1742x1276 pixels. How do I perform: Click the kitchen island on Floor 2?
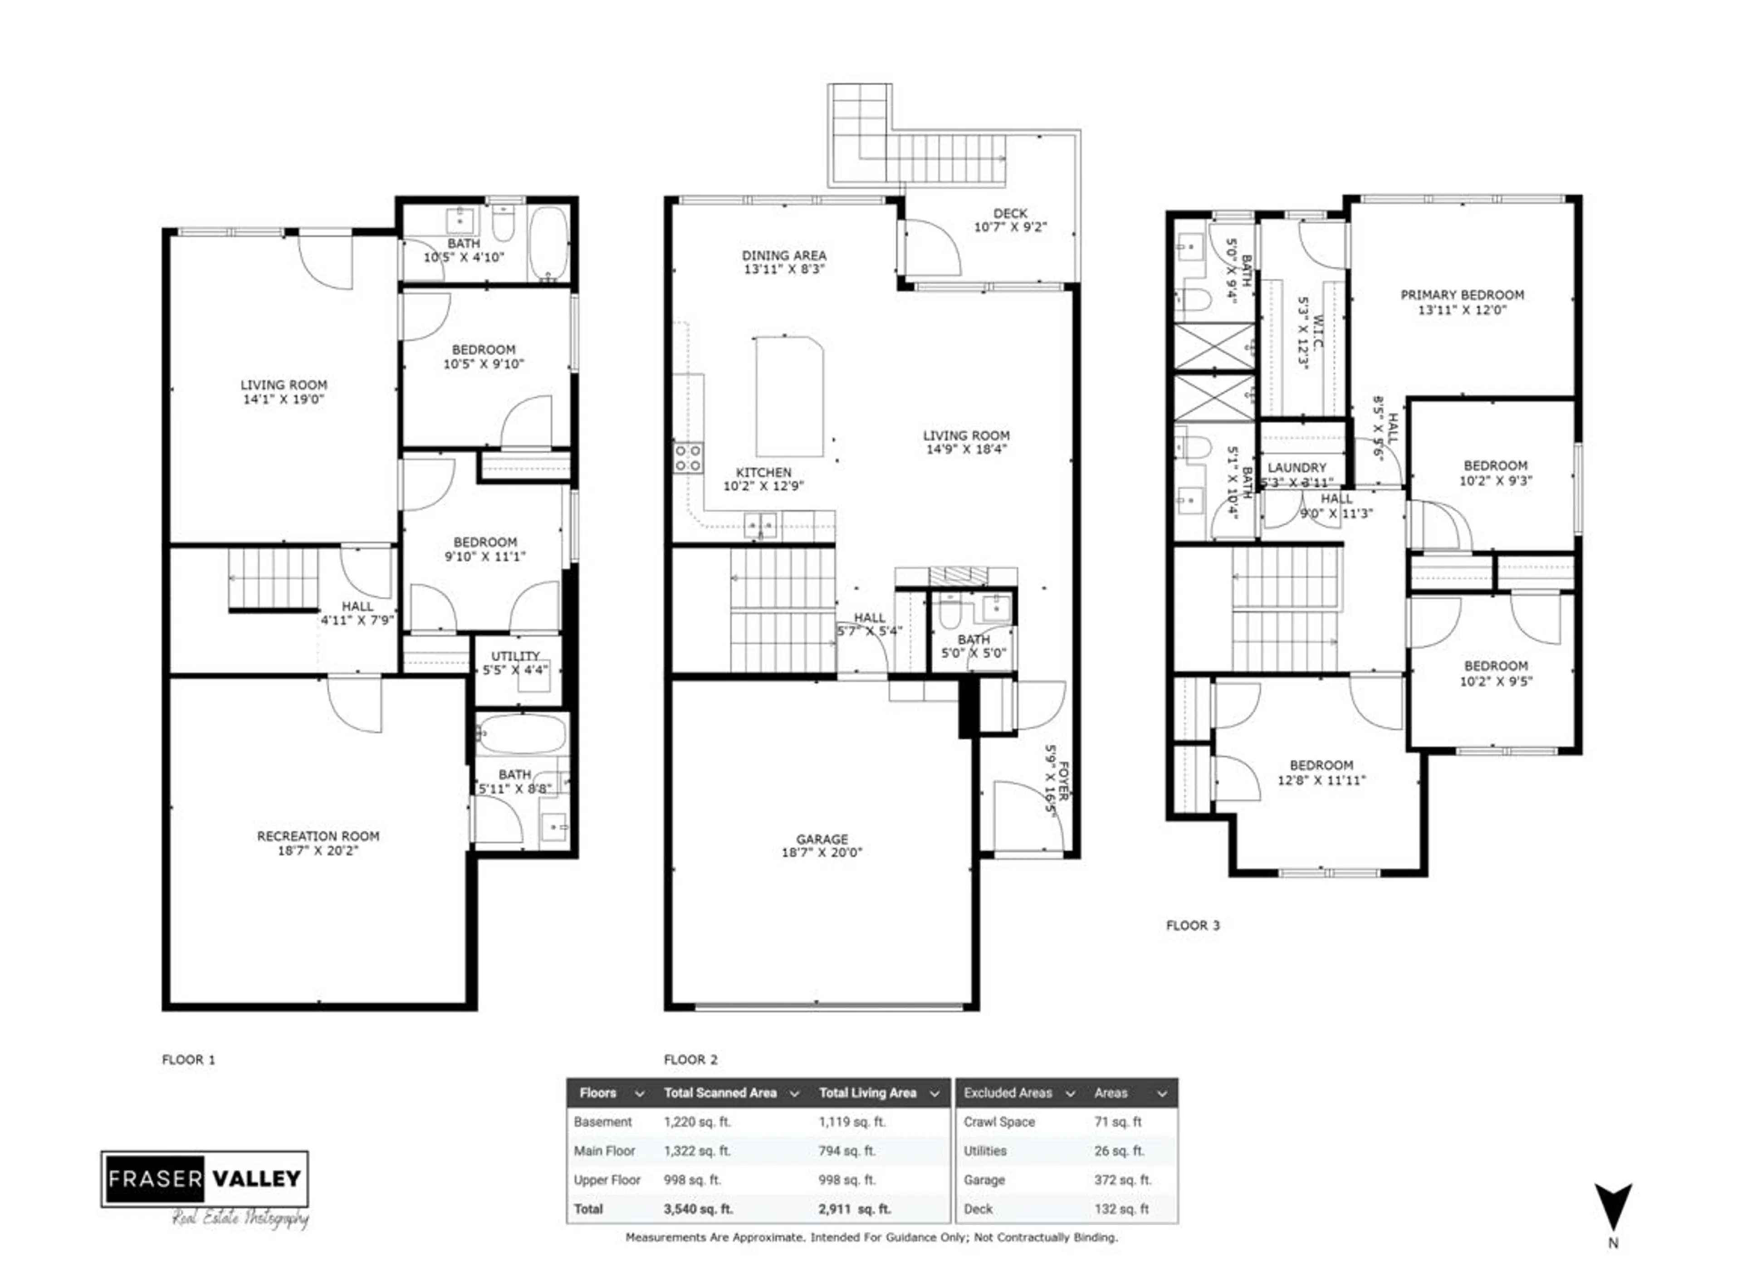(x=789, y=396)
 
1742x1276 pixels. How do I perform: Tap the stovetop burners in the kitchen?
(x=688, y=457)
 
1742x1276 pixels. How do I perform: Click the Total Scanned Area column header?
(x=720, y=1093)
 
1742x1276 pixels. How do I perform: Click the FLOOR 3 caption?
(x=1192, y=925)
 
